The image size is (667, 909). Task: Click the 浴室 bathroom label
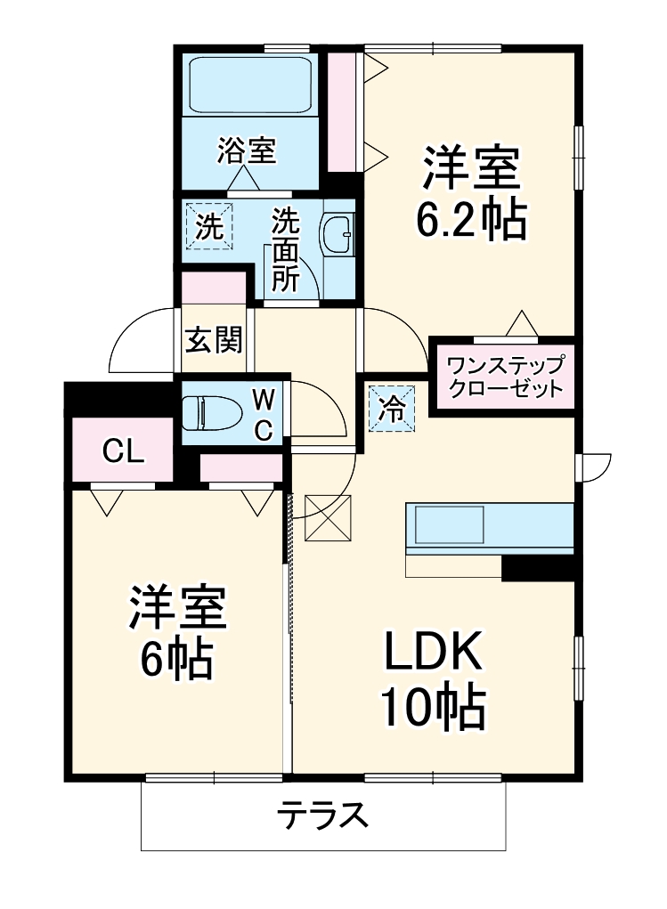[246, 151]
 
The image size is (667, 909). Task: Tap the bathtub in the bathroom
[248, 85]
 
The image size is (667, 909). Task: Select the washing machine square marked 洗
[208, 226]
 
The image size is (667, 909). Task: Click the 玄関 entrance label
[213, 339]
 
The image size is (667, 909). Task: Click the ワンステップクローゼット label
[504, 377]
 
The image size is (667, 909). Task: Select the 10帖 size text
[433, 709]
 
